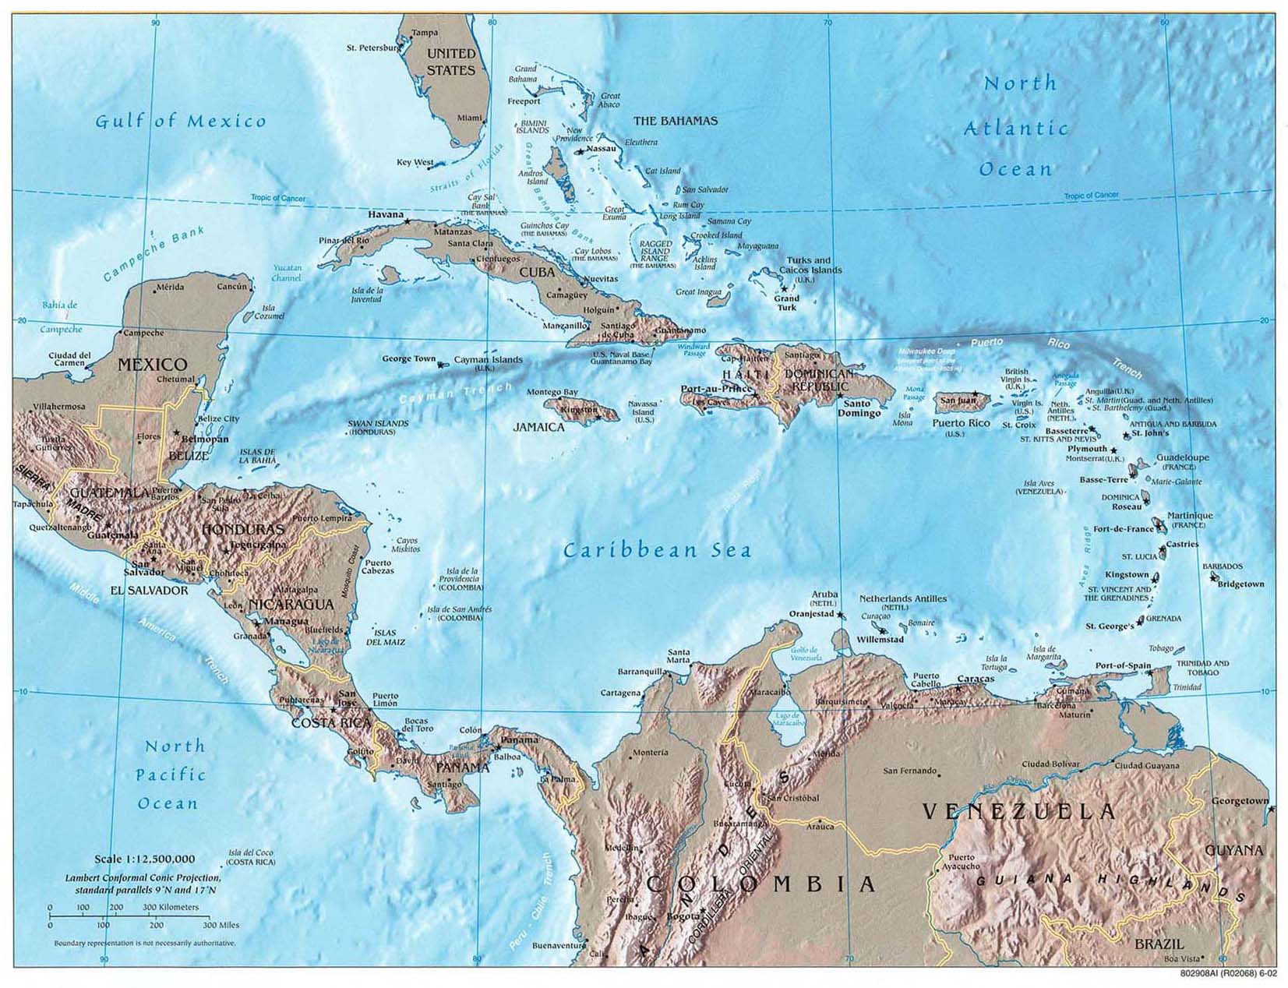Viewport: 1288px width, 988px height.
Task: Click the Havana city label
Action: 386,214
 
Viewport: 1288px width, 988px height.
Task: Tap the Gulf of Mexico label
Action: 180,121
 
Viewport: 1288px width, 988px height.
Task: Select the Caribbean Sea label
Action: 657,550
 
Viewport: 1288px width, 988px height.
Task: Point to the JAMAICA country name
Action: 538,427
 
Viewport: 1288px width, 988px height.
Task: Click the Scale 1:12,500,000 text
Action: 144,859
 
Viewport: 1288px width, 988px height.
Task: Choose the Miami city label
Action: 469,118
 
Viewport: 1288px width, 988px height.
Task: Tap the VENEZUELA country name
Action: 1020,812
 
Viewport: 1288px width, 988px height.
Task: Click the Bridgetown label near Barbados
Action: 1240,584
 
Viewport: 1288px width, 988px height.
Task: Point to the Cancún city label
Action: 231,287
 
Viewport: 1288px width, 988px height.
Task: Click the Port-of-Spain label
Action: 1123,665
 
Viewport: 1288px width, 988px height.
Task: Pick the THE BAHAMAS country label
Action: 675,121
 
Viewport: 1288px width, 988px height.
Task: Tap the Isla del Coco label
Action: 251,857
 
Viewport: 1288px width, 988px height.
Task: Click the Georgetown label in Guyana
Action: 1240,801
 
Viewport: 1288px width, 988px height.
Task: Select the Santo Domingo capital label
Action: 857,408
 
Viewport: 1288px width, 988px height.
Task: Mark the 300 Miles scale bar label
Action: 221,925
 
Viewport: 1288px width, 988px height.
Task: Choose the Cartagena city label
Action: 620,693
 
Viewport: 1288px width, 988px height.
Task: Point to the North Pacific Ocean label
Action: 169,775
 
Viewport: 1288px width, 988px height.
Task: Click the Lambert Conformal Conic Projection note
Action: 143,883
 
